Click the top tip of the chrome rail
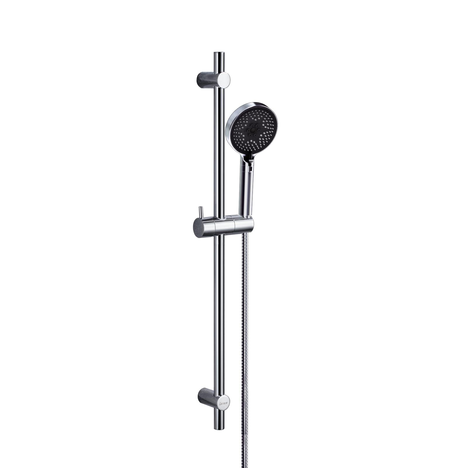[219, 53]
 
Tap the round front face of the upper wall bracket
[224, 80]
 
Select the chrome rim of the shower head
[230, 123]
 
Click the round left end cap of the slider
[199, 226]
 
